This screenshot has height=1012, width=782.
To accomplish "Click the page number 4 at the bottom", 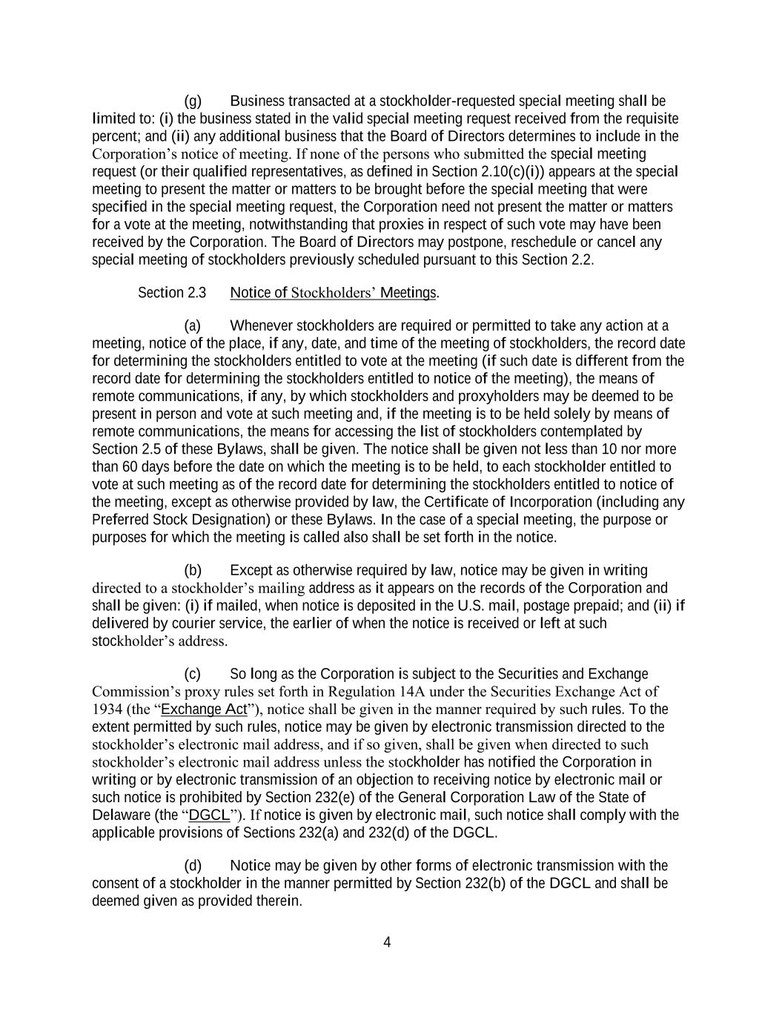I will (x=387, y=942).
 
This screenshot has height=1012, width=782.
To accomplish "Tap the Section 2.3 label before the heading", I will (x=172, y=293).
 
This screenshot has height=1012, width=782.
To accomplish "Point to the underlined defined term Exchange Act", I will (x=204, y=709).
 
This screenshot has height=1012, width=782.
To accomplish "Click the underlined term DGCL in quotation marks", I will (x=210, y=815).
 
